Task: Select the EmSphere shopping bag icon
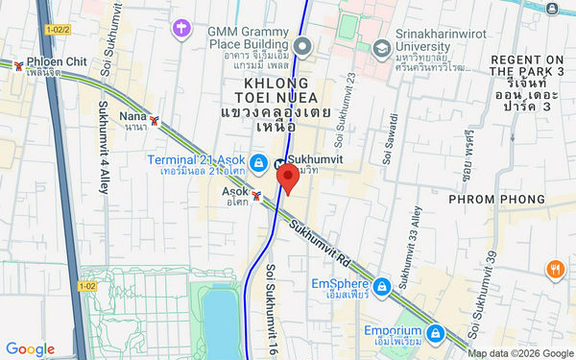(381, 286)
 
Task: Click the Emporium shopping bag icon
(436, 332)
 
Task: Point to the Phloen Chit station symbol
(19, 65)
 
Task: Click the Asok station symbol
(256, 195)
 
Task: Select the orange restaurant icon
(555, 270)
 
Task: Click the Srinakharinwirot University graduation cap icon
(381, 47)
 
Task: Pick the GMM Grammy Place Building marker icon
(303, 46)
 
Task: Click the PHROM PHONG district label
(496, 199)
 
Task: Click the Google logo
(30, 348)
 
